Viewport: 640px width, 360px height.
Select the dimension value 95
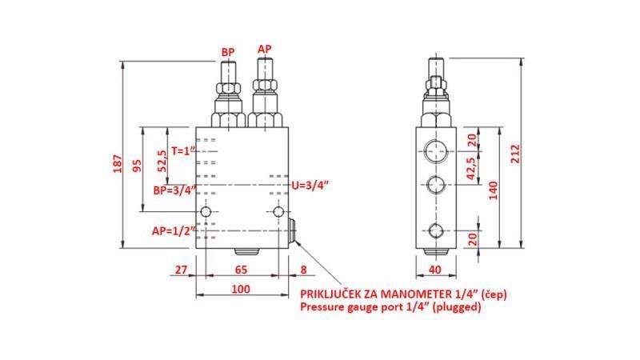(x=137, y=166)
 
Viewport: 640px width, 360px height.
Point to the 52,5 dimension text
(x=162, y=161)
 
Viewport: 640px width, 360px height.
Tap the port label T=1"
(x=182, y=150)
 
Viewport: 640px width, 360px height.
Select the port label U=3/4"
(x=310, y=186)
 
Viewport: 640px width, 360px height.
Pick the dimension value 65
(x=239, y=270)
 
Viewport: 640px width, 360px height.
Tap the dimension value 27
(x=181, y=270)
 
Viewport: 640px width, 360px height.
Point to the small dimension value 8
(x=303, y=270)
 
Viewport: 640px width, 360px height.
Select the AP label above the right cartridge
(x=264, y=50)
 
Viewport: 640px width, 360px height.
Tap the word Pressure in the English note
(x=324, y=307)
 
